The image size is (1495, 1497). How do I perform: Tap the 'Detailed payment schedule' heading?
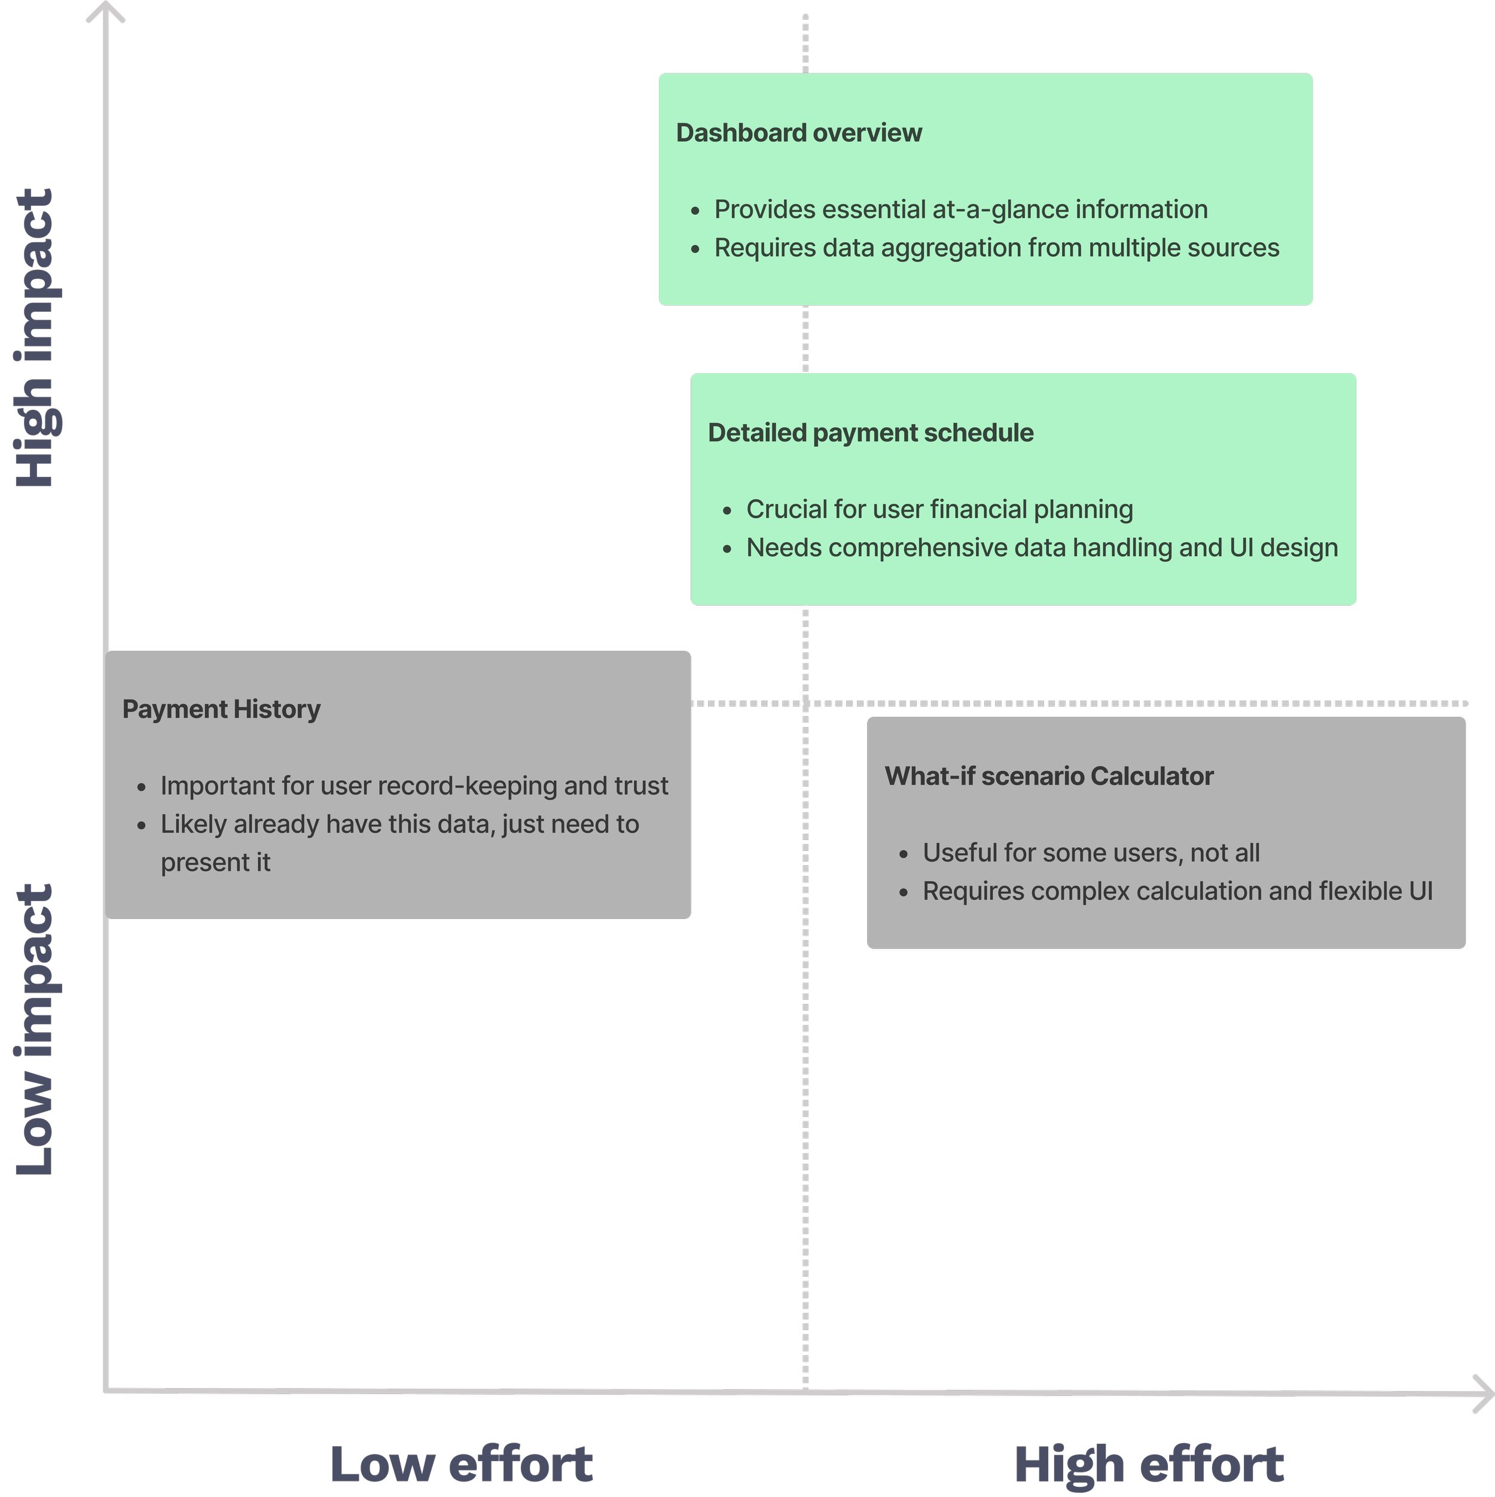870,433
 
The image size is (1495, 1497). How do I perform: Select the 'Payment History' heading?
221,710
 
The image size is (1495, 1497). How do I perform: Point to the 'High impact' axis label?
35,339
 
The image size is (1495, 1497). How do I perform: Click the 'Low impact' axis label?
35,1027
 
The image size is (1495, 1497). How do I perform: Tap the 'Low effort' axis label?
462,1465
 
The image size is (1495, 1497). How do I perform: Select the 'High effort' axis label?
1149,1465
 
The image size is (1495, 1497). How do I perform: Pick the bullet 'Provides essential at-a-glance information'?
960,210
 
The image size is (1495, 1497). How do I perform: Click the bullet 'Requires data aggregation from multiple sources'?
996,248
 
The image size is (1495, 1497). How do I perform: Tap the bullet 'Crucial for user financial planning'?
939,510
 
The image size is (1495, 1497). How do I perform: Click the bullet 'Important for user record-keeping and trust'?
414,786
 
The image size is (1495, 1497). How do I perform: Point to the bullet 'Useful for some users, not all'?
1091,853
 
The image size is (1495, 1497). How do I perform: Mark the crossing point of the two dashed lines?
806,704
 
